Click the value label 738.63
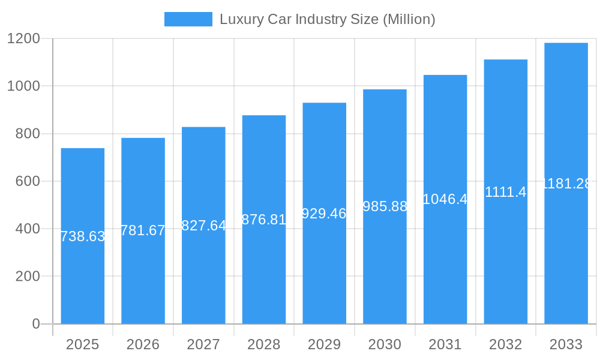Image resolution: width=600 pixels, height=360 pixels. [83, 236]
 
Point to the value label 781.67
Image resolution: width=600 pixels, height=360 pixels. [143, 230]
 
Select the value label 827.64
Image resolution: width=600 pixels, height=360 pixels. [203, 226]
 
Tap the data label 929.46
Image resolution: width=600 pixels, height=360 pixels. [324, 214]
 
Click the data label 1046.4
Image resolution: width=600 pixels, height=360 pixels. [445, 199]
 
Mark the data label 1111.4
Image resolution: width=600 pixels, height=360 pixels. [506, 192]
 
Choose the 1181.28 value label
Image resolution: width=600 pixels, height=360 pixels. [566, 184]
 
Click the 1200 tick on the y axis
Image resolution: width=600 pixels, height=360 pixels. [23, 39]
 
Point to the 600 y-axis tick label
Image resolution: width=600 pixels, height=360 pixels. [28, 181]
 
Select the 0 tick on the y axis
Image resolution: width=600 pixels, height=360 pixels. [35, 324]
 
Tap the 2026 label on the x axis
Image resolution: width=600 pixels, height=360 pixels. [143, 344]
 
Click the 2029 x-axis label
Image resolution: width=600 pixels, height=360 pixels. [324, 344]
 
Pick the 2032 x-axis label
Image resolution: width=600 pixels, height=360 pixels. [506, 344]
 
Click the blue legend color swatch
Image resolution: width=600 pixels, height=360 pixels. [188, 19]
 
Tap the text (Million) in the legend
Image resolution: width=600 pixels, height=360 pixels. [410, 19]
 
